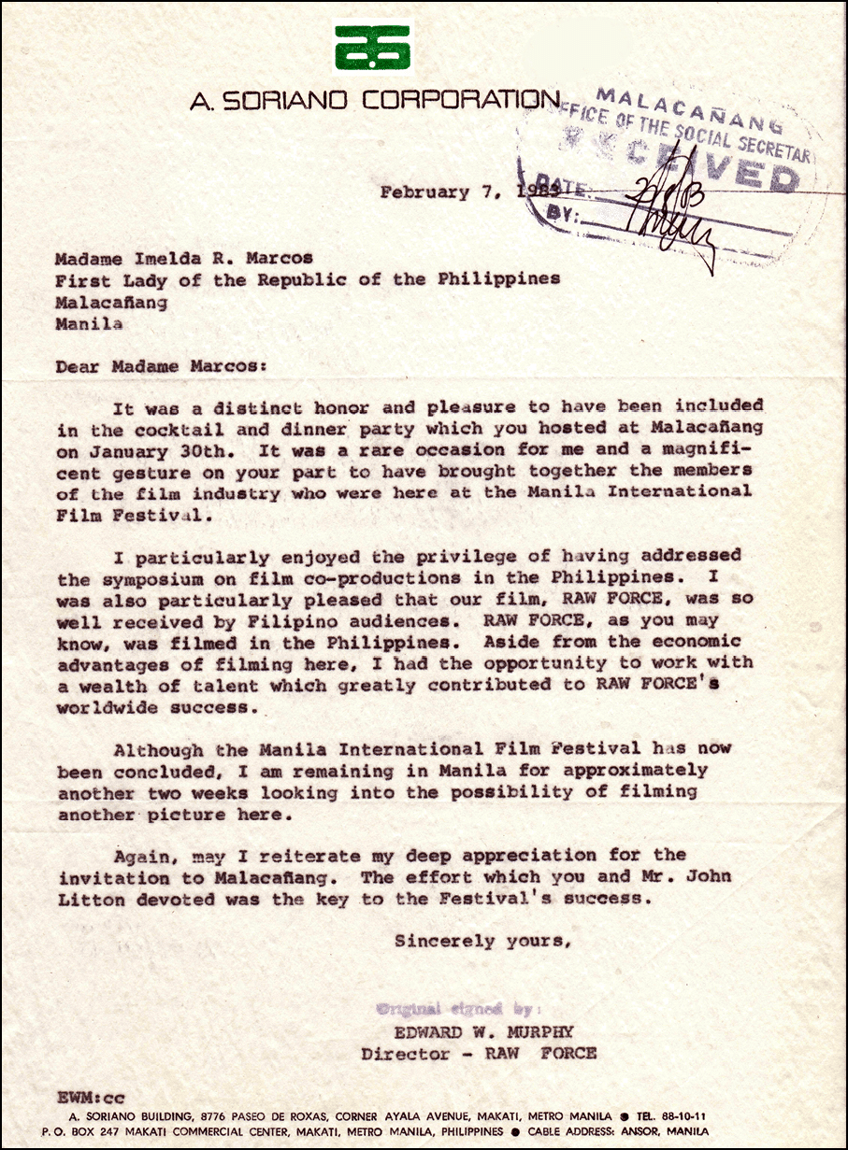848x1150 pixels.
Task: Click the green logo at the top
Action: (373, 46)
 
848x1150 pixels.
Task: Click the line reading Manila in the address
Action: (89, 324)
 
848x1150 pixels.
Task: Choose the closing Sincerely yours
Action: (481, 941)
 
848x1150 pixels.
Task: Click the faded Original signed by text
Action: (459, 1009)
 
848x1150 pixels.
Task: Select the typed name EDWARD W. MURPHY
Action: (483, 1031)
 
